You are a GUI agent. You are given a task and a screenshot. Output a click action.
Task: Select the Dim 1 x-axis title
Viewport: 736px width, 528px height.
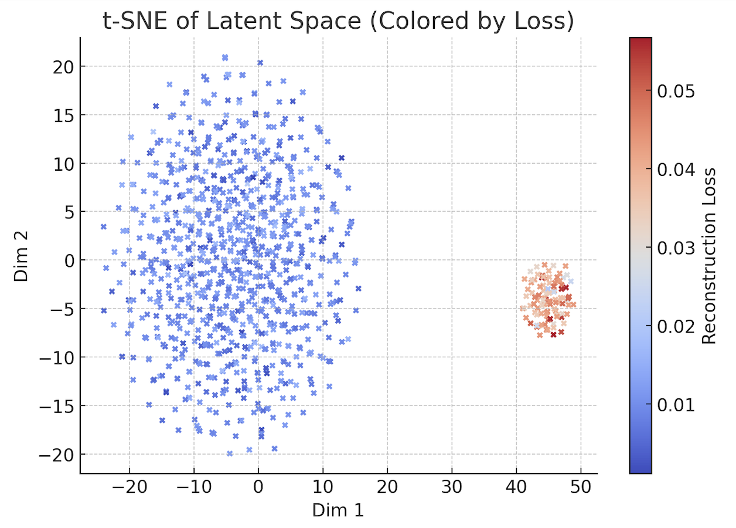pyautogui.click(x=338, y=510)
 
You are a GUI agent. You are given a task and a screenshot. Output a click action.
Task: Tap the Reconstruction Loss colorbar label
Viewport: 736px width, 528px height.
pyautogui.click(x=709, y=256)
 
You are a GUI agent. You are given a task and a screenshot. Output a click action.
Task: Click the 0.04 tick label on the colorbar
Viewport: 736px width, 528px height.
pyautogui.click(x=675, y=170)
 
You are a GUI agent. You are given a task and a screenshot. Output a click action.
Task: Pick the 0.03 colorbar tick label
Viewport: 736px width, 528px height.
pyautogui.click(x=675, y=248)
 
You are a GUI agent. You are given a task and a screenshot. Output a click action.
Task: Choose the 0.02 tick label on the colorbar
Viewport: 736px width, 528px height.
pyautogui.click(x=675, y=326)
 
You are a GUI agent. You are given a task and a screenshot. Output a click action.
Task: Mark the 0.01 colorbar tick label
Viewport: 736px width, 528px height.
pyautogui.click(x=675, y=405)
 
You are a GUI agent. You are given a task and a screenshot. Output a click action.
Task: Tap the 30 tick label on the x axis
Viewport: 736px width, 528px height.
pyautogui.click(x=452, y=488)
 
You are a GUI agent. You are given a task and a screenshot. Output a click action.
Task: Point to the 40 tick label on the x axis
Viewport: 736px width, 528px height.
pyautogui.click(x=516, y=488)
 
